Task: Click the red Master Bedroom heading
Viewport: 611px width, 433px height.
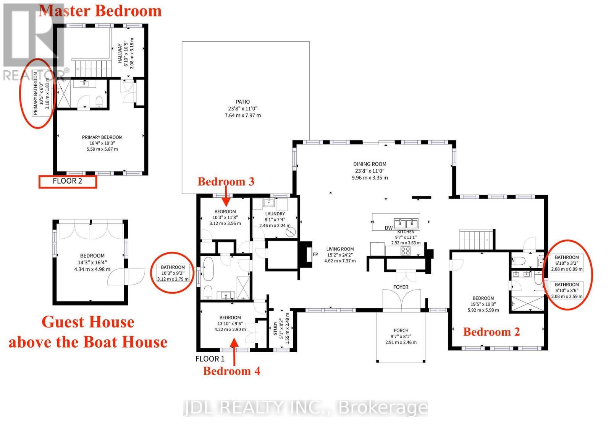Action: click(100, 11)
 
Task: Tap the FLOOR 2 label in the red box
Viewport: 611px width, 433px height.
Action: click(67, 181)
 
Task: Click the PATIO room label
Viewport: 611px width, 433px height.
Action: click(243, 102)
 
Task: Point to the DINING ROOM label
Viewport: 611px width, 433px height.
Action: click(370, 164)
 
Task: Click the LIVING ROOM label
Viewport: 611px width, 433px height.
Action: click(340, 249)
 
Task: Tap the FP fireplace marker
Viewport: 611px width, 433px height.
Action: click(315, 254)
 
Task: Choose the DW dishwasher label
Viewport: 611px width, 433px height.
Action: click(389, 228)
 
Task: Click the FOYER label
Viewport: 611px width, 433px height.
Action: click(401, 287)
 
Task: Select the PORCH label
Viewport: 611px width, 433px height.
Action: click(401, 330)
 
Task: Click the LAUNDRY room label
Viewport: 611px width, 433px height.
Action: click(275, 214)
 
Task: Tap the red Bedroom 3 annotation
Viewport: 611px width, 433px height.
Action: click(226, 182)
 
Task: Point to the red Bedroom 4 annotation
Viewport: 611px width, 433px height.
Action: click(231, 371)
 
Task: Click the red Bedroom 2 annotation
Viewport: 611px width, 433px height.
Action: click(491, 332)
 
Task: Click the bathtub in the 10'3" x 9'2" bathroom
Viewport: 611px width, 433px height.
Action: click(209, 269)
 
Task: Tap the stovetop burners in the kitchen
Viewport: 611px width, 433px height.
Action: click(405, 251)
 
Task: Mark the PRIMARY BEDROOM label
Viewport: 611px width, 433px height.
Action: click(102, 137)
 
